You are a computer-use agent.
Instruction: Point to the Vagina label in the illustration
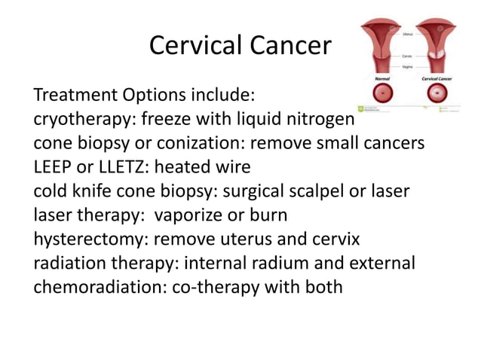(407, 66)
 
